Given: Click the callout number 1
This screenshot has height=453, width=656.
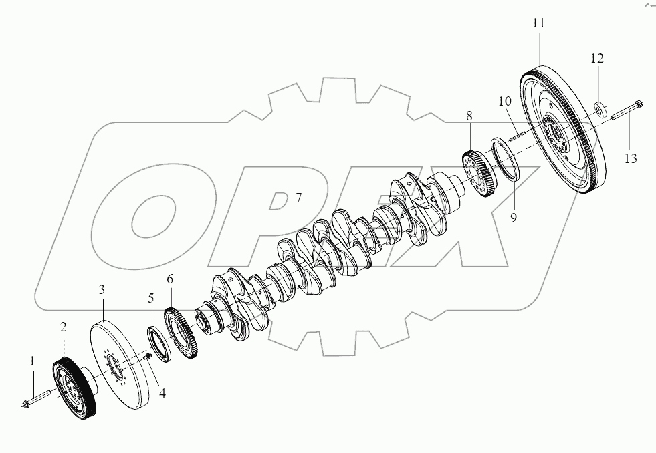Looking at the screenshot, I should pyautogui.click(x=31, y=361).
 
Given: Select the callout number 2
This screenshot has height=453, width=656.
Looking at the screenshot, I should pyautogui.click(x=64, y=327).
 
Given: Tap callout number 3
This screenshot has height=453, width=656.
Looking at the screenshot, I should pyautogui.click(x=102, y=289).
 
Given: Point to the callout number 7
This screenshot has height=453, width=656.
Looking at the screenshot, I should pyautogui.click(x=298, y=198).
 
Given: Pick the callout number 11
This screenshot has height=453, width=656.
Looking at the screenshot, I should pyautogui.click(x=539, y=23).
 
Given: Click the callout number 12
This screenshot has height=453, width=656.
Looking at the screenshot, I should pyautogui.click(x=597, y=59).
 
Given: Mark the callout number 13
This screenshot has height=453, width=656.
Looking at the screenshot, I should pyautogui.click(x=631, y=158).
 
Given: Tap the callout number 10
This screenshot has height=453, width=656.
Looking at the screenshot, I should pyautogui.click(x=504, y=102).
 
